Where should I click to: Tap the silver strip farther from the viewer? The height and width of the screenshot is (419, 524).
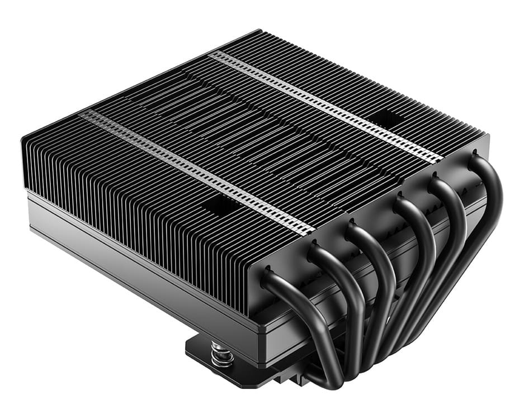[324, 103]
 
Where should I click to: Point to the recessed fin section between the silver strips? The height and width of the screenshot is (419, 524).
[252, 128]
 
